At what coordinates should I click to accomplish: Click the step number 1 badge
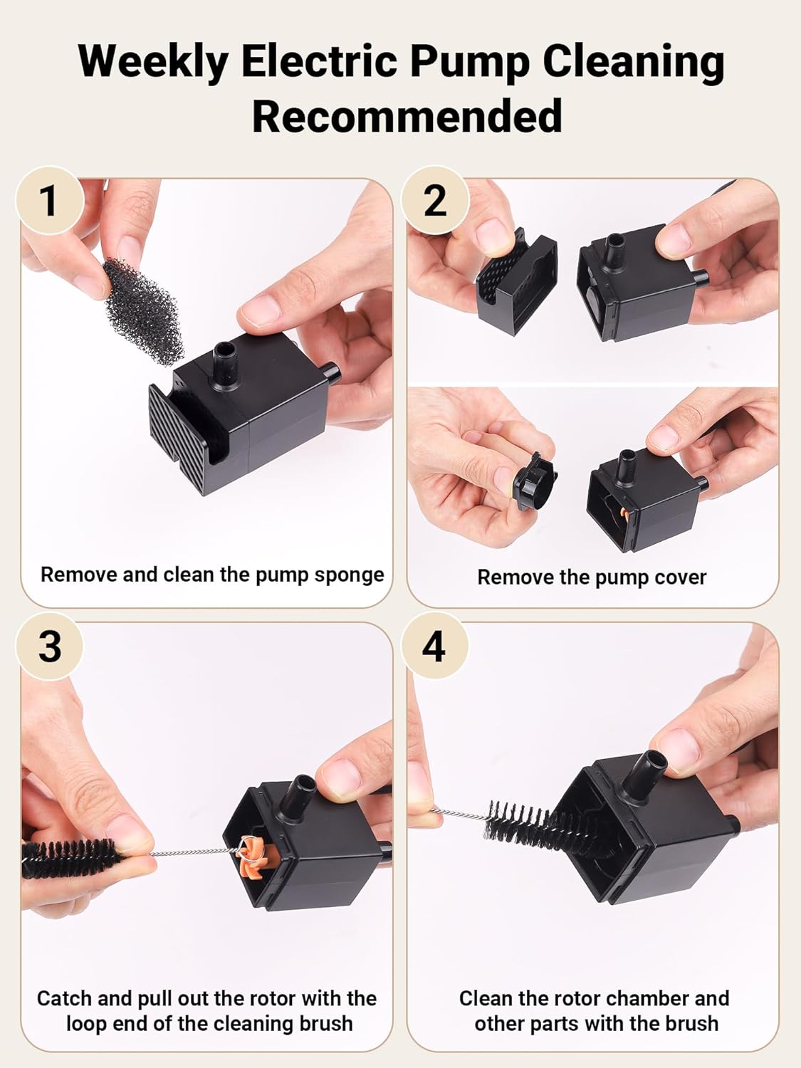click(49, 201)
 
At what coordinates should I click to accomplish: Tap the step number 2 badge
click(435, 201)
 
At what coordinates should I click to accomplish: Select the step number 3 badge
click(49, 646)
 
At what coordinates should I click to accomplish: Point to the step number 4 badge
click(434, 646)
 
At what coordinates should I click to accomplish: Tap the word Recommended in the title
click(407, 116)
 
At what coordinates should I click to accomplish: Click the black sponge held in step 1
click(143, 310)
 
